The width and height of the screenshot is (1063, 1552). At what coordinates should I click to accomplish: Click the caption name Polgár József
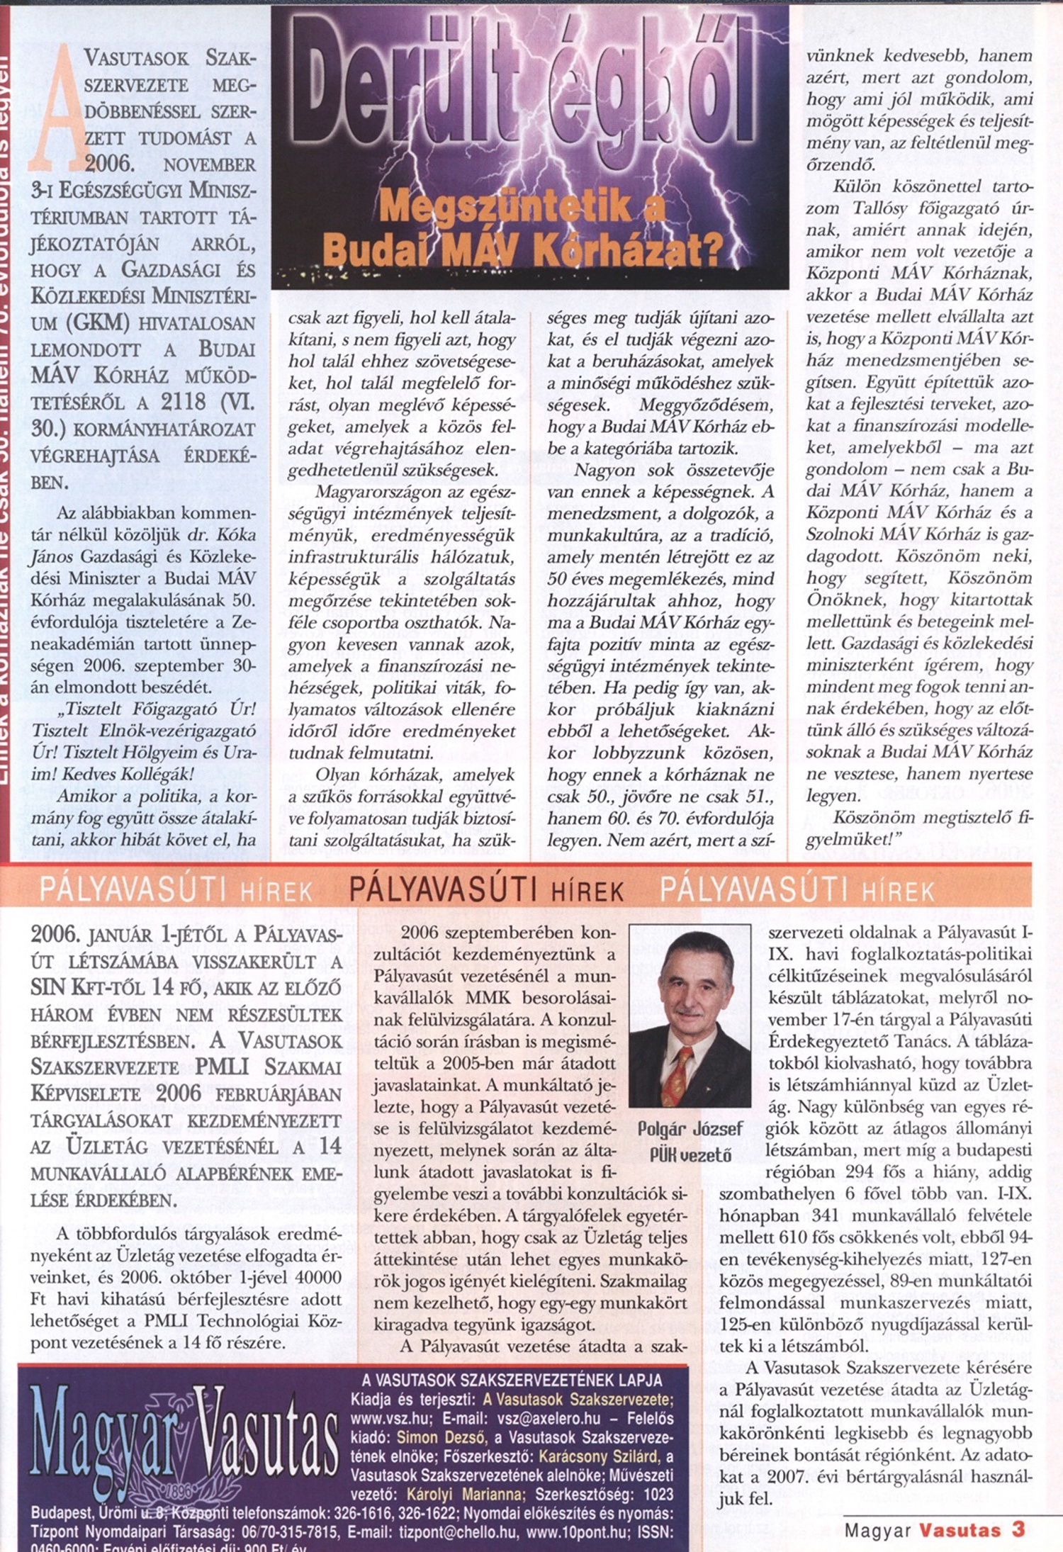pyautogui.click(x=690, y=1129)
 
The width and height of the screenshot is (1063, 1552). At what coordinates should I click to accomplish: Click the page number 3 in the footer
pyautogui.click(x=1018, y=1529)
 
